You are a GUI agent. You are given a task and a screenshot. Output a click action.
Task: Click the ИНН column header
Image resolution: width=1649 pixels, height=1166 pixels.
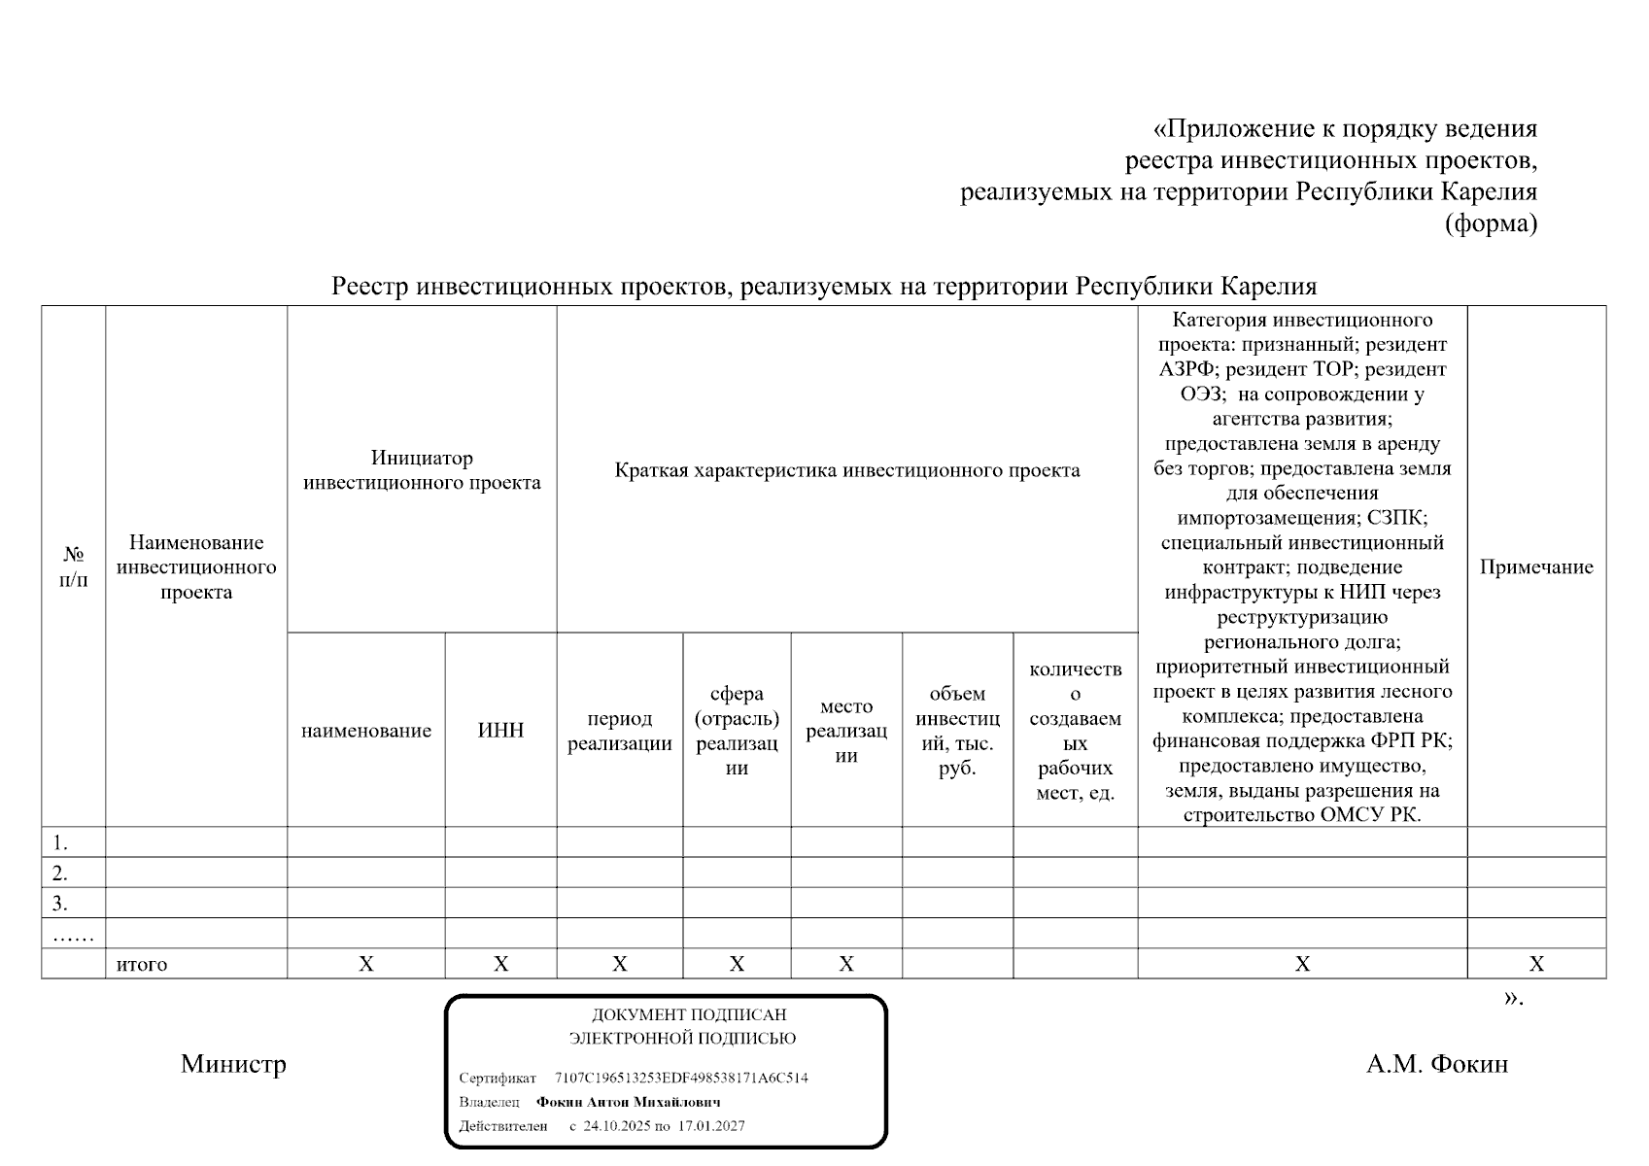500,731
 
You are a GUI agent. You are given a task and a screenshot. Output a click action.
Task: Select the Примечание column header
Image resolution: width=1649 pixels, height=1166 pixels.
1535,567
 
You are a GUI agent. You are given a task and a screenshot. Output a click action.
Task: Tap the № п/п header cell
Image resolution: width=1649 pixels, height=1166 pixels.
73,567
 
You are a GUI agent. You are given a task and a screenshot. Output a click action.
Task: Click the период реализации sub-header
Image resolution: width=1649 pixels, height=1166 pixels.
619,731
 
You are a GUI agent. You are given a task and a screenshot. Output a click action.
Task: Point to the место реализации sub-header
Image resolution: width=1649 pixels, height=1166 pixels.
845,731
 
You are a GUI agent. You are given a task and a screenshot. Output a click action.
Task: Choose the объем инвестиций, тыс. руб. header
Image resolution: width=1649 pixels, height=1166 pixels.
957,731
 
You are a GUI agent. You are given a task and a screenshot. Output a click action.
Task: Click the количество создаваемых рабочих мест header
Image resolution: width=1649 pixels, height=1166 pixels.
1075,731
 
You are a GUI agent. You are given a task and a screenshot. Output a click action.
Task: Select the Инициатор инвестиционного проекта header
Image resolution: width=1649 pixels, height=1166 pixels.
422,470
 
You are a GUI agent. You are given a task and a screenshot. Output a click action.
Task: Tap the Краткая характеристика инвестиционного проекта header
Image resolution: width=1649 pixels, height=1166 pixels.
846,470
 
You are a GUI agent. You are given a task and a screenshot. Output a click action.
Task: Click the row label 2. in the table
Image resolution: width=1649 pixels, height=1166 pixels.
60,873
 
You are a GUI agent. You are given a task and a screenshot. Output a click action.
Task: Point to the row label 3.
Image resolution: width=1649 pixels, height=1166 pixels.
60,904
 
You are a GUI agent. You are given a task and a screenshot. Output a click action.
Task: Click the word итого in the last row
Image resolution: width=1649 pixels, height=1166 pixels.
142,965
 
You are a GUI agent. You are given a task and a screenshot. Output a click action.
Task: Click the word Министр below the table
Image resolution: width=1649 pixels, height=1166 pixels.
233,1064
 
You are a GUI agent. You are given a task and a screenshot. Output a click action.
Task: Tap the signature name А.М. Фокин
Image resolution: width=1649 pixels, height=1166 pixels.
1436,1064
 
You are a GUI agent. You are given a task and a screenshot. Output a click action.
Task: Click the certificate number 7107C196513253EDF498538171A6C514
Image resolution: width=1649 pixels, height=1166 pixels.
680,1078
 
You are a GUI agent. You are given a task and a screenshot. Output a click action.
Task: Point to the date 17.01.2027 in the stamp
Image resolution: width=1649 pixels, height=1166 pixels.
711,1126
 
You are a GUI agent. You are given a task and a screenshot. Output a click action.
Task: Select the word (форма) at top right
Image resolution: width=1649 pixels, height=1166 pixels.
1491,223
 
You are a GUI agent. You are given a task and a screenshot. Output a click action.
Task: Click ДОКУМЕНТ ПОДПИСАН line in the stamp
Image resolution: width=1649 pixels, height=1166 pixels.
688,1014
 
